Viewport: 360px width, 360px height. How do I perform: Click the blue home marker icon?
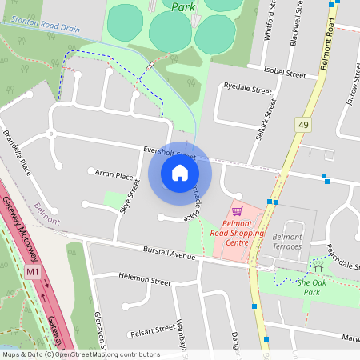(179, 173)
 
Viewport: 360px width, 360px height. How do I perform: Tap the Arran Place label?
(114, 174)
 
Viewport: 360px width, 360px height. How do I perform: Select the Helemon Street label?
(144, 282)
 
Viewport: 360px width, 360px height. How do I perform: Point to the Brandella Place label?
(18, 154)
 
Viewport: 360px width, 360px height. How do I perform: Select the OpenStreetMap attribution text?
(80, 354)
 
